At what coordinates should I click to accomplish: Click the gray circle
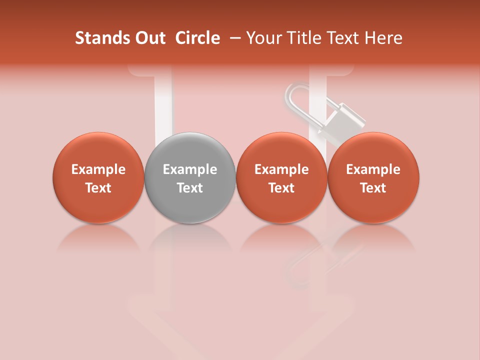(190, 177)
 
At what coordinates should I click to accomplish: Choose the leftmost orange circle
(98, 177)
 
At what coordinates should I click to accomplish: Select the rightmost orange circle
(373, 177)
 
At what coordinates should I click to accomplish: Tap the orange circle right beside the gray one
(281, 177)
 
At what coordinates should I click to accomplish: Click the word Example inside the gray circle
(190, 169)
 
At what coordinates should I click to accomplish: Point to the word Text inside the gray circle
(190, 188)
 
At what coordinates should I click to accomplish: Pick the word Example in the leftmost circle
(98, 169)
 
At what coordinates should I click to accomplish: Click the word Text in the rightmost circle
(373, 188)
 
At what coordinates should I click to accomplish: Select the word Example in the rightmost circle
(373, 169)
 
